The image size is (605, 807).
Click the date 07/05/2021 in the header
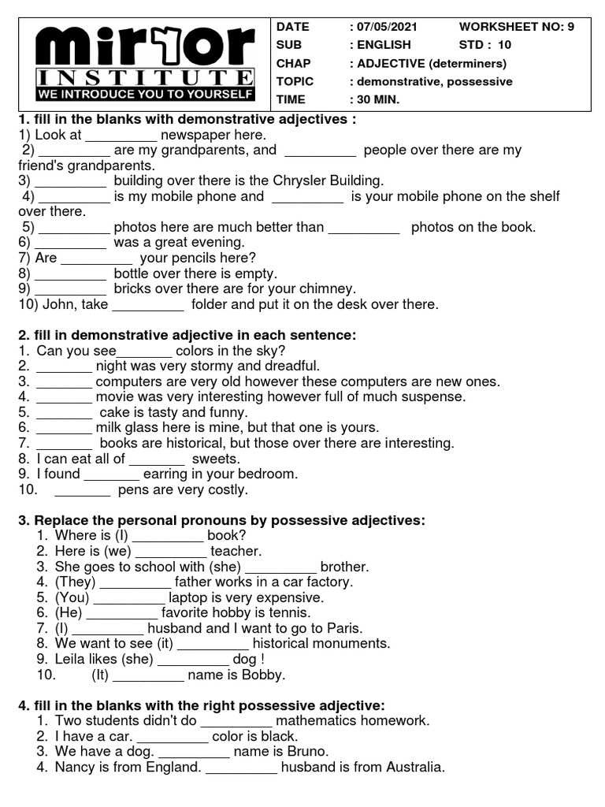click(x=383, y=27)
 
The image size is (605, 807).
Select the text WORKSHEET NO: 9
click(x=516, y=27)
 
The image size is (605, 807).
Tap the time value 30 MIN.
click(x=374, y=100)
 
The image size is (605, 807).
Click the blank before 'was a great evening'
click(x=70, y=243)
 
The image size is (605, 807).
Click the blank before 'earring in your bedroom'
click(x=111, y=474)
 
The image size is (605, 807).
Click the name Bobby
click(x=264, y=675)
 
